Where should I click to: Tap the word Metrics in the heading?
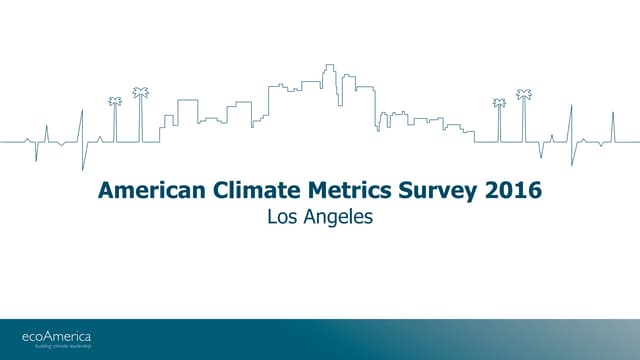click(x=324, y=190)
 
